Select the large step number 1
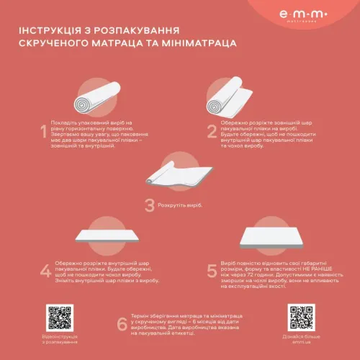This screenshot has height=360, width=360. click(x=44, y=132)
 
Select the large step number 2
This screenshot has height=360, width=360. click(x=212, y=132)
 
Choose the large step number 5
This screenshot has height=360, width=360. click(x=212, y=271)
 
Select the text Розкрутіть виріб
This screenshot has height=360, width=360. click(x=181, y=205)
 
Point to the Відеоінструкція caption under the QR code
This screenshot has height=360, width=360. click(x=60, y=337)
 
